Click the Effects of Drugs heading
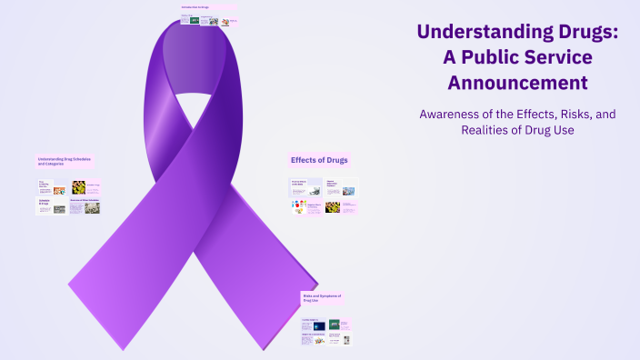coord(319,160)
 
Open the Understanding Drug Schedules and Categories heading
coord(65,161)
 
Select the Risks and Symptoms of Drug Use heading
coord(321,297)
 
